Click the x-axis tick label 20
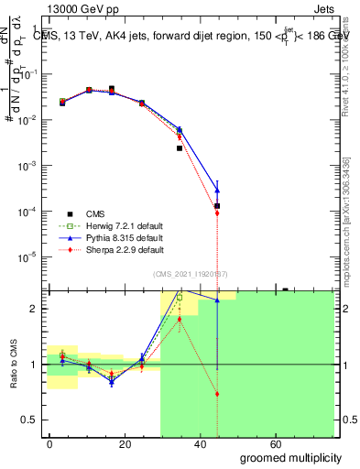[x=133, y=443]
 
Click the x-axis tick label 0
[x=49, y=443]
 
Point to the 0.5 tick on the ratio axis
[x=31, y=420]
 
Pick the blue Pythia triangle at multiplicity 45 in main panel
[x=217, y=190]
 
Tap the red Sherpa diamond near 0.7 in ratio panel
[x=217, y=394]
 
